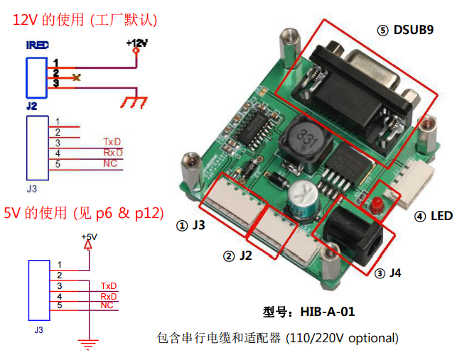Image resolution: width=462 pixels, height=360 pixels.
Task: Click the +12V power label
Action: tap(136, 43)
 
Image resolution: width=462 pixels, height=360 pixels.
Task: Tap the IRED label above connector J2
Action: tap(37, 46)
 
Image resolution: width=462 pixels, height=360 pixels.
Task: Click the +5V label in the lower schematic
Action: tap(89, 236)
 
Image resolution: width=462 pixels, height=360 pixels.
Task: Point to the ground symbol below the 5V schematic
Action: tap(88, 346)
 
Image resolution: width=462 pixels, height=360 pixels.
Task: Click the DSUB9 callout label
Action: tap(405, 31)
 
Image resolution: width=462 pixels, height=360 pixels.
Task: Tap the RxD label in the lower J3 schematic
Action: tap(109, 295)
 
